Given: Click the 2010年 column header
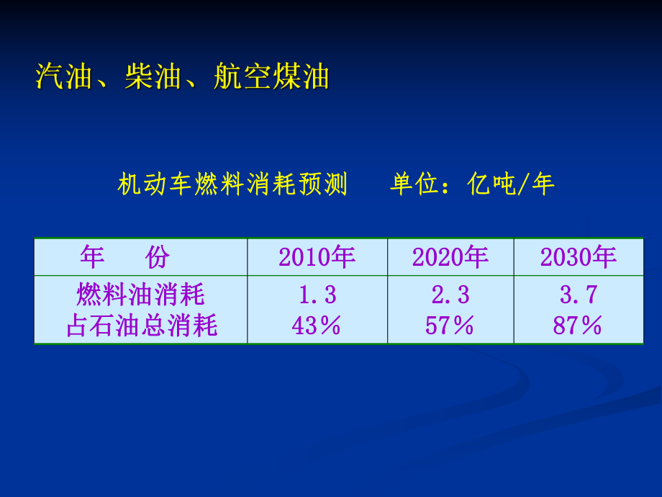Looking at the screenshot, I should click(317, 257).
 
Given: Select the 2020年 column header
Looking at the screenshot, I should click(450, 257).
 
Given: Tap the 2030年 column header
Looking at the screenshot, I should click(579, 257).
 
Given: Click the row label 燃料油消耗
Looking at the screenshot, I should click(141, 295).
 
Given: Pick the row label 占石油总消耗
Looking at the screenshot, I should click(141, 326).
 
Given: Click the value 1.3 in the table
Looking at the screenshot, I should click(317, 295).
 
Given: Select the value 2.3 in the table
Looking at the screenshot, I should click(450, 295).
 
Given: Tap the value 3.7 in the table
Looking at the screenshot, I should click(579, 295).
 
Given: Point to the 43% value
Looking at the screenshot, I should click(317, 326).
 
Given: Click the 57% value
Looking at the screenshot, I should click(450, 326).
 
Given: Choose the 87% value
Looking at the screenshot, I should click(578, 326).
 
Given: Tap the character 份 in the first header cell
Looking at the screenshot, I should click(157, 257).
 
